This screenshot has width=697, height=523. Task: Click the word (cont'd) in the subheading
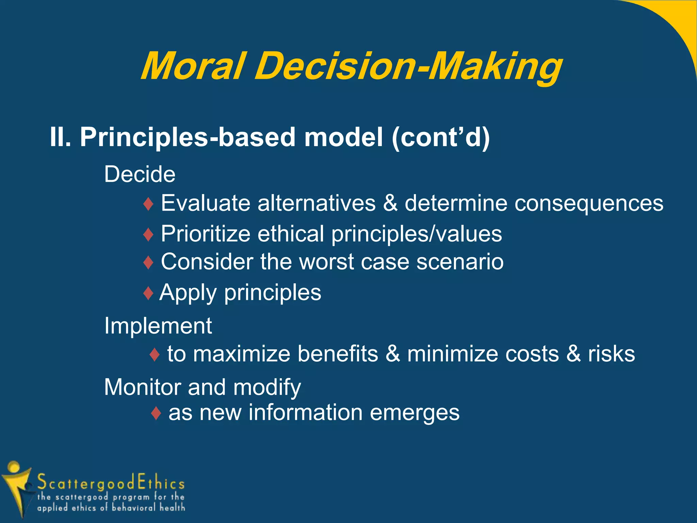click(440, 137)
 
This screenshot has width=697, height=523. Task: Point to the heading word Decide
click(140, 174)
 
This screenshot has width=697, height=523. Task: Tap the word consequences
click(589, 203)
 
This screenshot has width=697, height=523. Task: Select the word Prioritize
click(206, 234)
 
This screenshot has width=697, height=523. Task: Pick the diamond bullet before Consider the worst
click(149, 263)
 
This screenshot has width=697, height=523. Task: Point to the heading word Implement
click(158, 326)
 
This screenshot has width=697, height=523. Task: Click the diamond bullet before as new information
click(156, 413)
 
